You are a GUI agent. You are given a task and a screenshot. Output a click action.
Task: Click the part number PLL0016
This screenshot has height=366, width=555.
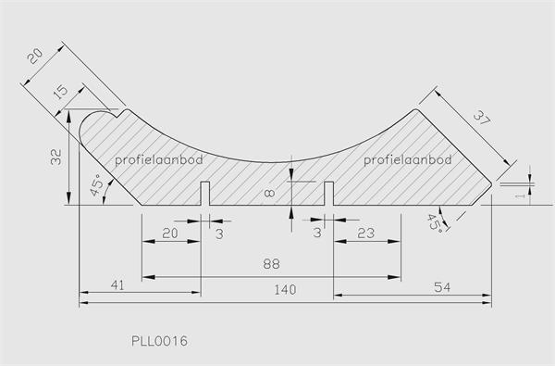tap(159, 341)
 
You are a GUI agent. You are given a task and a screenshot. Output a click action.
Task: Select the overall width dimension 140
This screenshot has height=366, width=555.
tap(285, 290)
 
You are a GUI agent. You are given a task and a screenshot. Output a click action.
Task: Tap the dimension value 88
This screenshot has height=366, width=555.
tap(271, 264)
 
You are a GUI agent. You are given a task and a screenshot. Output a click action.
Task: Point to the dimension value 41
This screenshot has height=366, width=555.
tap(117, 285)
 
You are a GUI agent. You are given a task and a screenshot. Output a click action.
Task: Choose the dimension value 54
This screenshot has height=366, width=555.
tap(442, 287)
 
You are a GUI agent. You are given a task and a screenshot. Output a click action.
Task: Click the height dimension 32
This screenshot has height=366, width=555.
tap(55, 158)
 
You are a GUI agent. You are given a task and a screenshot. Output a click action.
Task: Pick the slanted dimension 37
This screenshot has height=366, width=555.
tap(482, 118)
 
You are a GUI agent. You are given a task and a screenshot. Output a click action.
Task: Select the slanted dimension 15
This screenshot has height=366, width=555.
tap(61, 91)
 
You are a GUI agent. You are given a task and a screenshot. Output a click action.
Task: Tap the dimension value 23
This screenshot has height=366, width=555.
tap(365, 233)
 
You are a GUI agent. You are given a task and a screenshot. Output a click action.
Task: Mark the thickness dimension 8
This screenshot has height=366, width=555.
tap(270, 193)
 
